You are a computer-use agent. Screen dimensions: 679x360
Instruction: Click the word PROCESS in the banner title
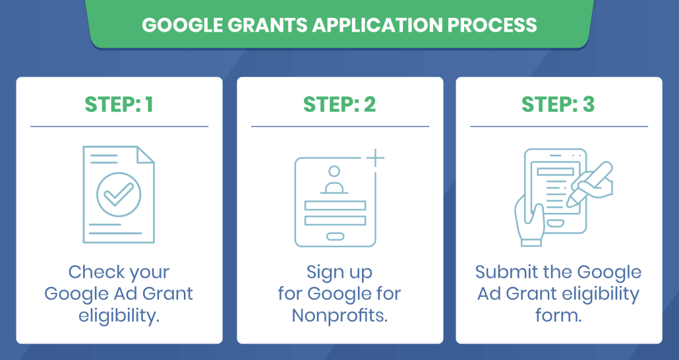[x=492, y=25]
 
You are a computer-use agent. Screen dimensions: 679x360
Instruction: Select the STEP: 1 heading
[x=119, y=104]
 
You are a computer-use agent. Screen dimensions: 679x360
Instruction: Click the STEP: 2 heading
[x=339, y=104]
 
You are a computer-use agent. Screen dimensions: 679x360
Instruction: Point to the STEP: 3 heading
[x=558, y=104]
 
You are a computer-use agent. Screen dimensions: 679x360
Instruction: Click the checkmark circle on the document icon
[x=119, y=195]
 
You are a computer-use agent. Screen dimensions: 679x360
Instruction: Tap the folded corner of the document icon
[x=144, y=155]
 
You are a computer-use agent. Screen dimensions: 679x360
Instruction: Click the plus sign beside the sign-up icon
[x=375, y=158]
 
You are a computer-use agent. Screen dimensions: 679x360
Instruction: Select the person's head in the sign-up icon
[x=334, y=171]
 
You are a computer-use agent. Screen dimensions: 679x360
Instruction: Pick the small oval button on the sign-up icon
[x=335, y=236]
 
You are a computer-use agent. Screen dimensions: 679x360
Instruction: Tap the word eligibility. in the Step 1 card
[x=119, y=316]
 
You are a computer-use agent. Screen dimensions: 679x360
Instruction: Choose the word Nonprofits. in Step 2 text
[x=339, y=315]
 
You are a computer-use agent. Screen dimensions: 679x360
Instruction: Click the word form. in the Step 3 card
[x=558, y=315]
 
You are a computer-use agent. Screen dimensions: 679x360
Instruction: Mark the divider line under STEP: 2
[x=340, y=127]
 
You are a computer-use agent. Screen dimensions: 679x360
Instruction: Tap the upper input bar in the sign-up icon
[x=335, y=205]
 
